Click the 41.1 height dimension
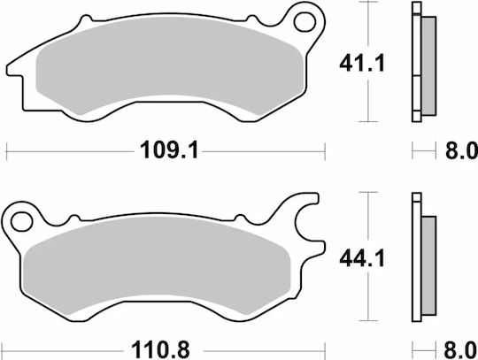coord(362,64)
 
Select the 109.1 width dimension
coord(169,150)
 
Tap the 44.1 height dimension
coord(362,258)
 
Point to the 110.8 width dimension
coord(160,350)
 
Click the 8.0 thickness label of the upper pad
coord(461,150)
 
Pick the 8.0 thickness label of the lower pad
coord(460,350)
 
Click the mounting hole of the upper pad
coord(305,21)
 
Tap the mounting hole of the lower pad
coord(21,221)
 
